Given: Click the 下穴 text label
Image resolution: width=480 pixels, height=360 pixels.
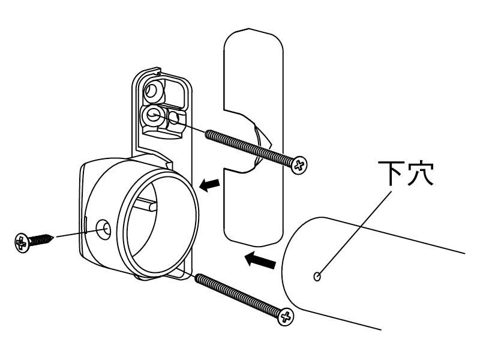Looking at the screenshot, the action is tap(406, 173).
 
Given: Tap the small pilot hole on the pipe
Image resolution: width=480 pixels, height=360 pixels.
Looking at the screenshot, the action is tap(317, 277).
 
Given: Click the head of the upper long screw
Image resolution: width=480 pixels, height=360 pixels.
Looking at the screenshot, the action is tap(299, 166).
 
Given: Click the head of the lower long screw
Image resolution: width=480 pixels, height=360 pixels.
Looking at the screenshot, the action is tap(286, 317).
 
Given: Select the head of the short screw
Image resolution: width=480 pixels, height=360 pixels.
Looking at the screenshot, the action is tap(21, 244).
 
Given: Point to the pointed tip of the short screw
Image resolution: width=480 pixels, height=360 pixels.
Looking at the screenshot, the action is tap(53, 236).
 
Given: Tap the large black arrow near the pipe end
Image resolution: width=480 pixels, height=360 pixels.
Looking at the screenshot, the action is tap(260, 260).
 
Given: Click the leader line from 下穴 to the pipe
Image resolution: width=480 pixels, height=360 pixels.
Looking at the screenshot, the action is tap(355, 233).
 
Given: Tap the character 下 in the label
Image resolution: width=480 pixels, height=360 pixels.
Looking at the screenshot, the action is tap(391, 173).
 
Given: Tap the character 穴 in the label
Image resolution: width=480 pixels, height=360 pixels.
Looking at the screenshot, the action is tap(421, 173).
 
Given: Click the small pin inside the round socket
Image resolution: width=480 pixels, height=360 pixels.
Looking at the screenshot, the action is tap(146, 204).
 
